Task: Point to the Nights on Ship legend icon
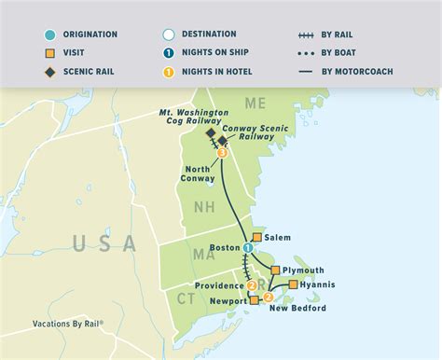pyautogui.click(x=169, y=53)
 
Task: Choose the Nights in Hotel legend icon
pyautogui.click(x=169, y=71)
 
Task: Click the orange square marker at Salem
pyautogui.click(x=257, y=238)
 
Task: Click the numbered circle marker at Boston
pyautogui.click(x=247, y=248)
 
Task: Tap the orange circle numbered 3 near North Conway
pyautogui.click(x=222, y=154)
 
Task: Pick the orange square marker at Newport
pyautogui.click(x=254, y=300)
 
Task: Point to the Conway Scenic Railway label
pyautogui.click(x=246, y=128)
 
